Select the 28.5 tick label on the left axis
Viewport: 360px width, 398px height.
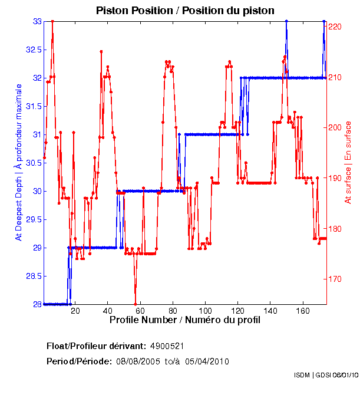coord(32,276)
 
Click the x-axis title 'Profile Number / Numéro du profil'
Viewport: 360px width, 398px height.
coord(184,321)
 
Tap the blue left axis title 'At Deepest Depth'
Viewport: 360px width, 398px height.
coord(19,162)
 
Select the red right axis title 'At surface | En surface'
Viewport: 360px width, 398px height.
coord(348,162)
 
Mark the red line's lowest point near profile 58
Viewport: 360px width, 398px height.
coord(136,304)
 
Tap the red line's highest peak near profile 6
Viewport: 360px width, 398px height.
coord(52,21)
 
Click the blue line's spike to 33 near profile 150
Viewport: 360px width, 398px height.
coord(286,21)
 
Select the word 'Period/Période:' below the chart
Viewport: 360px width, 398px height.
coord(79,361)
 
